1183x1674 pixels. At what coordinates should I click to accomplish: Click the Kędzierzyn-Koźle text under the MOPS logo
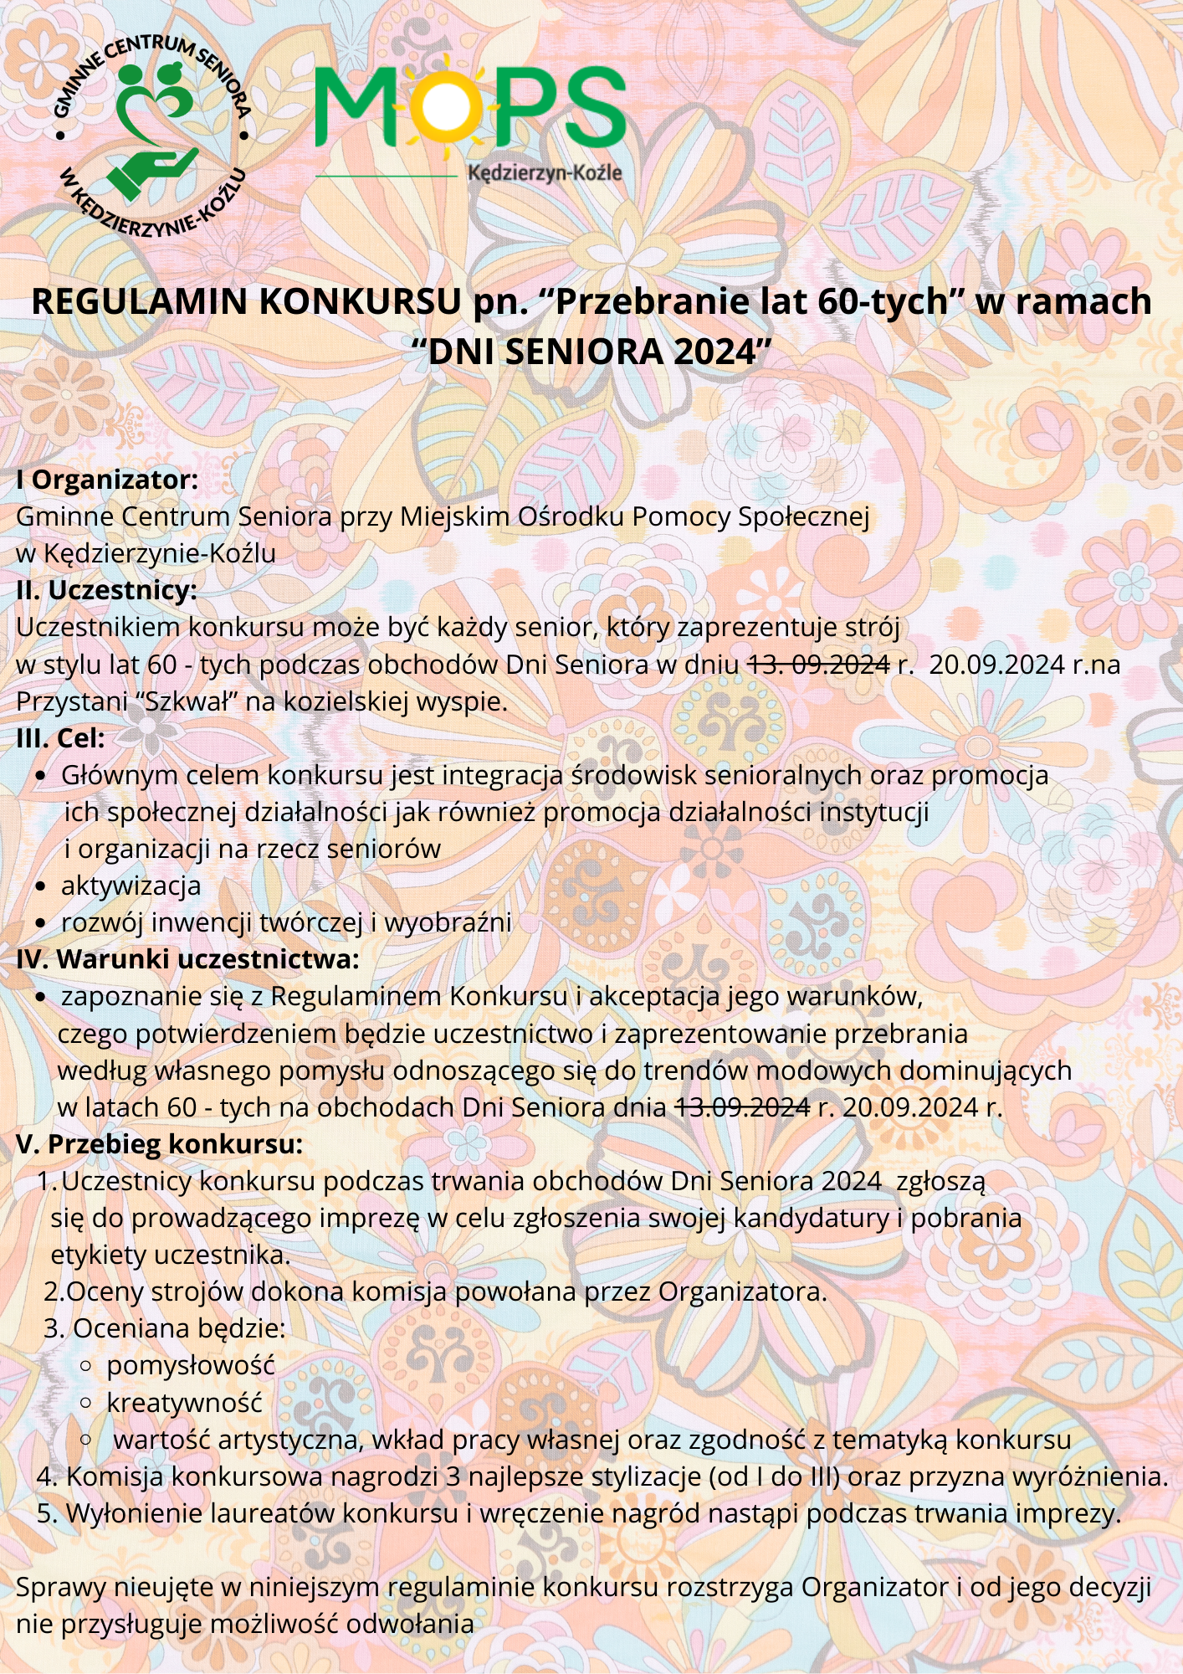click(x=545, y=173)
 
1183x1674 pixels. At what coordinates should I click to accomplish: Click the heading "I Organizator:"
click(x=107, y=480)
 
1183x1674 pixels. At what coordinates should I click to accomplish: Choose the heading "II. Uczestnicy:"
click(x=106, y=590)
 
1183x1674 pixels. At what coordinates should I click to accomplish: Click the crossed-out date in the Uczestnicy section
click(x=817, y=665)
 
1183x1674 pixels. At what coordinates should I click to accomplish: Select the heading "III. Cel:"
click(x=60, y=738)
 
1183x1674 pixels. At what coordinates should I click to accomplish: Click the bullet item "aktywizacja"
click(x=131, y=886)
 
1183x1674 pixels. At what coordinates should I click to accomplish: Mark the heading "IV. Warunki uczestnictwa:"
click(x=187, y=959)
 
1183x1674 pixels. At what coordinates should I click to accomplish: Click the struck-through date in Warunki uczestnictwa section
click(x=742, y=1107)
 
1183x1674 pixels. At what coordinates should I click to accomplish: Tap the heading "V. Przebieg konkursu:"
click(x=159, y=1144)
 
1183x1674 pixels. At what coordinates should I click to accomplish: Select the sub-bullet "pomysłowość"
click(x=190, y=1366)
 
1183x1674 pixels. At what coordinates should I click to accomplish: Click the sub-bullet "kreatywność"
click(x=184, y=1403)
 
